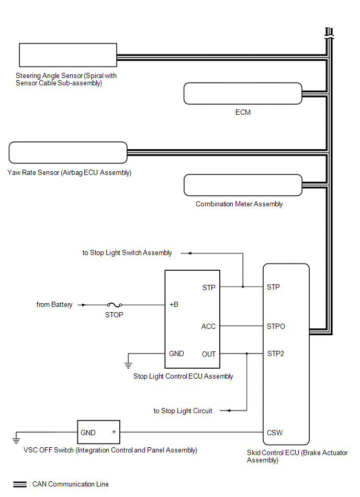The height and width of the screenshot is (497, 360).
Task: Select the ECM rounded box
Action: [243, 93]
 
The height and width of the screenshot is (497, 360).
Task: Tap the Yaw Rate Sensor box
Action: [68, 152]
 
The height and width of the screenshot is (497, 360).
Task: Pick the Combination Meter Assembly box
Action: [243, 185]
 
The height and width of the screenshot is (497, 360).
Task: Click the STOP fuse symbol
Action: [114, 305]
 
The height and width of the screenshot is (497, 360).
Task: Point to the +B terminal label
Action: [174, 305]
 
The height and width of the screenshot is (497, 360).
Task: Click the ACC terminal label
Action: [208, 326]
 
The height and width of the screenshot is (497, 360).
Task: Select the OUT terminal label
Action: [208, 354]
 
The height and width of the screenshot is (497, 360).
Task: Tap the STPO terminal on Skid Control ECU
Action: [276, 326]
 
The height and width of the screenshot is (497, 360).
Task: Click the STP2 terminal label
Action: [276, 354]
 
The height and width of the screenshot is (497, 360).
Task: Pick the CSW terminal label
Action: [275, 433]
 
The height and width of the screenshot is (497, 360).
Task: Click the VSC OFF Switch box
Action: [98, 433]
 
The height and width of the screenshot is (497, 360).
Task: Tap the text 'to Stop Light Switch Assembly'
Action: [127, 253]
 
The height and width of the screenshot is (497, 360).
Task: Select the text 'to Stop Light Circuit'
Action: [183, 411]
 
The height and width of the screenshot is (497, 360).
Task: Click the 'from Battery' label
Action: [54, 305]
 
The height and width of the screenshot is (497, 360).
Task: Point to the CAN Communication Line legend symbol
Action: [20, 484]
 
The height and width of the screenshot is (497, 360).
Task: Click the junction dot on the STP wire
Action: [243, 287]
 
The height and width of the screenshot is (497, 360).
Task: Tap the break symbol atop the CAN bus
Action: [329, 32]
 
